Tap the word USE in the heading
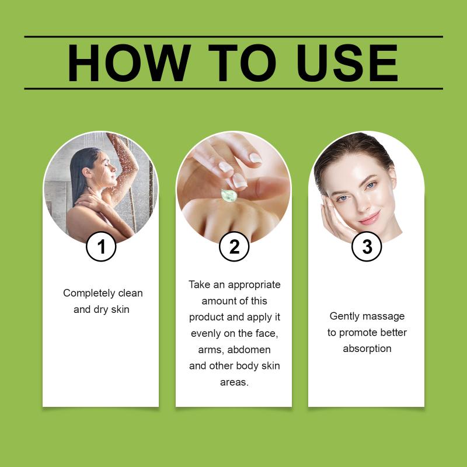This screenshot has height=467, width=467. [347, 63]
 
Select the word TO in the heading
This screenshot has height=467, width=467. [242, 63]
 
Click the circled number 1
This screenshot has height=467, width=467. [101, 246]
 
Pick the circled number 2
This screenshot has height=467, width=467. [234, 246]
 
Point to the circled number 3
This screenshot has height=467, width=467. [367, 246]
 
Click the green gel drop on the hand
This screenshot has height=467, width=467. [229, 195]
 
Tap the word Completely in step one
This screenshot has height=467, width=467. [89, 294]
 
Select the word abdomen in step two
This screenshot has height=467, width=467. [249, 349]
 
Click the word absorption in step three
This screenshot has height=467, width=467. [367, 348]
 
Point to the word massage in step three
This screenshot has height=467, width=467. [385, 316]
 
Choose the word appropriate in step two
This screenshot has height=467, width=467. [254, 285]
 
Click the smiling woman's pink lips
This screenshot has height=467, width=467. [370, 218]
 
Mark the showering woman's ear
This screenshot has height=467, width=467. [87, 172]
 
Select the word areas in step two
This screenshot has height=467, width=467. [234, 382]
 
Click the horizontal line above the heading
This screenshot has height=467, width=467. [233, 37]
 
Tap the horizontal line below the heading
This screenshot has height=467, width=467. [233, 89]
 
